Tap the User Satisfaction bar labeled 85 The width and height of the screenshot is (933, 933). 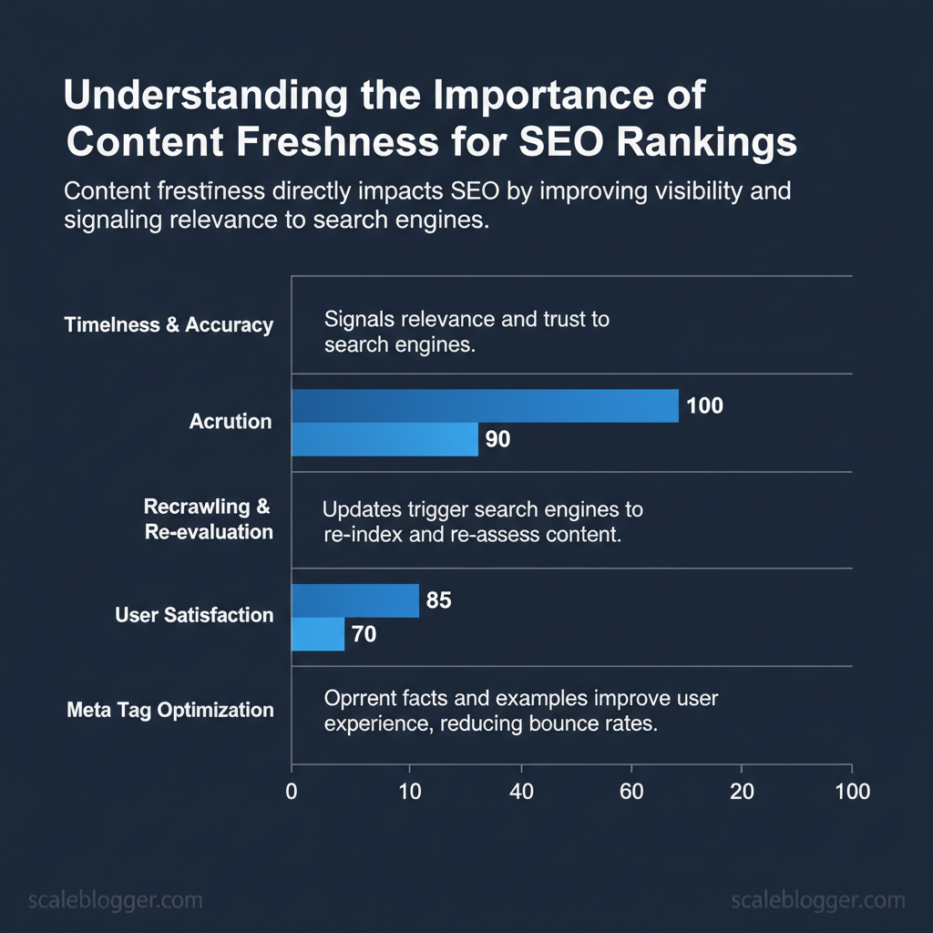coord(354,600)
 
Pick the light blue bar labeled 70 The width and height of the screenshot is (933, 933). coord(317,633)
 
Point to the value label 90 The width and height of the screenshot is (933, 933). coord(497,440)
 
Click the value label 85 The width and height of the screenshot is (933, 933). coord(438,600)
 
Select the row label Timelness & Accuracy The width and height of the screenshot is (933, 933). coord(169,325)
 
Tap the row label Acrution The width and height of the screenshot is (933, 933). coord(231,422)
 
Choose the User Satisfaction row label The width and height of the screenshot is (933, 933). coord(194,615)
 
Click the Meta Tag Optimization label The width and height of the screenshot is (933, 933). coord(170,710)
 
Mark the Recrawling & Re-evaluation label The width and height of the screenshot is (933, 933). coord(209,519)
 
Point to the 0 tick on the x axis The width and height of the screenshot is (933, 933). coord(292,791)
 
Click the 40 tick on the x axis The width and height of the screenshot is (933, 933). coord(521,791)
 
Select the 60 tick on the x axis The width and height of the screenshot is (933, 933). coord(631,791)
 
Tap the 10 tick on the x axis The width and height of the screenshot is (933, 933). coord(410,791)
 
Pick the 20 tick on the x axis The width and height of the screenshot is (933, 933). coord(743,791)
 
